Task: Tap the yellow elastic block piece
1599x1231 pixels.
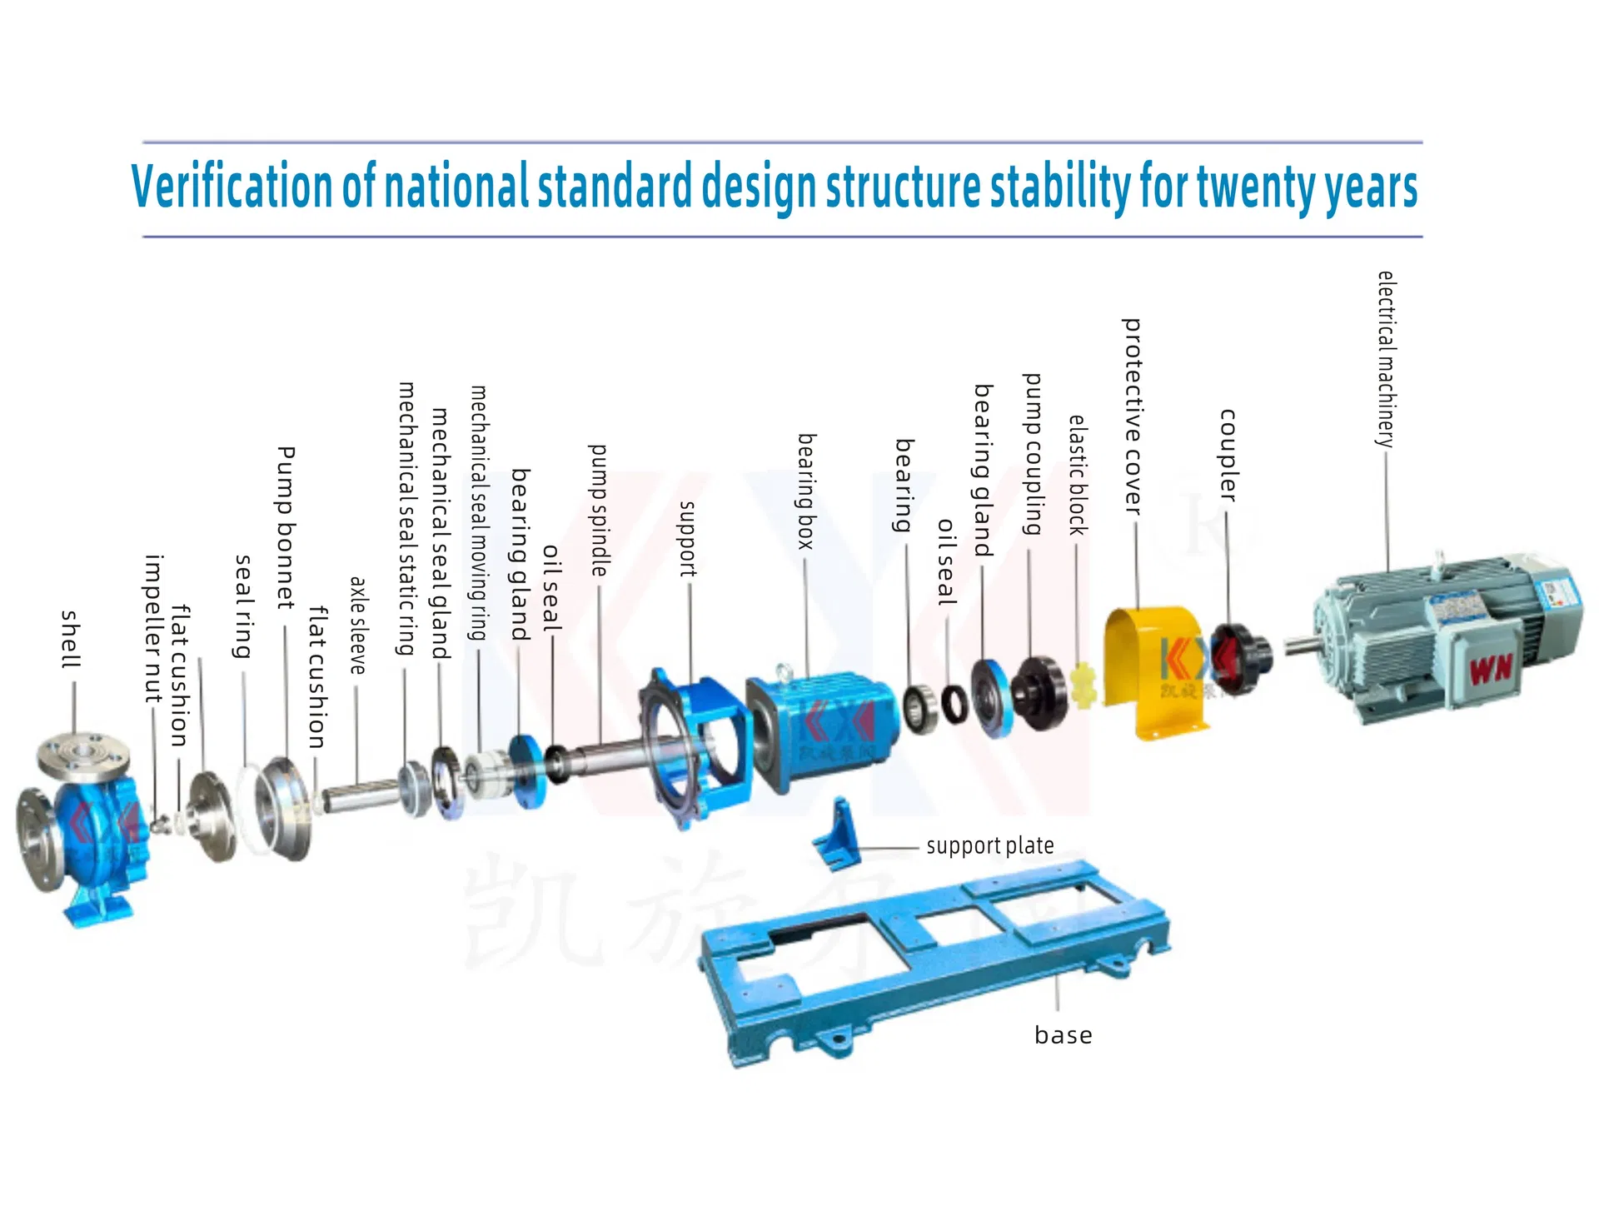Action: [1083, 685]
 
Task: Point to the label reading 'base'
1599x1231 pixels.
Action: [1063, 1035]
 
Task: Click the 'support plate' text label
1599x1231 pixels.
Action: [989, 846]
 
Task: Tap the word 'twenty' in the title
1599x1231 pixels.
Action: [1258, 187]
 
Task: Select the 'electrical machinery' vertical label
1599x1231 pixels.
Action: [1386, 359]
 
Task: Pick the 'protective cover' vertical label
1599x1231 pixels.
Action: [1133, 416]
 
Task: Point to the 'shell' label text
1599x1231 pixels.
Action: [72, 639]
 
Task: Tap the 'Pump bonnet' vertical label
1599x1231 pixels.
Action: [286, 526]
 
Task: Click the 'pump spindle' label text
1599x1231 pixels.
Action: [599, 510]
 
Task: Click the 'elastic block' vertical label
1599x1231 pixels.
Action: [1078, 475]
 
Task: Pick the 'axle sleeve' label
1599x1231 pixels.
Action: [357, 625]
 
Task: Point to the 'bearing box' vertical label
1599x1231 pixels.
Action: [805, 491]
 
